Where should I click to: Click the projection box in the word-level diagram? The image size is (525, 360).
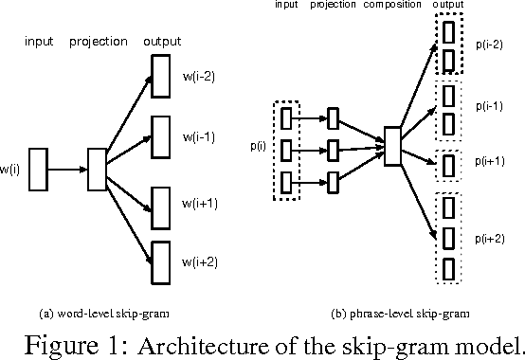click(x=96, y=169)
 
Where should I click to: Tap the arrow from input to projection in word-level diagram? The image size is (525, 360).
click(x=66, y=169)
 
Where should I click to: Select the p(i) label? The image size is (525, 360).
click(x=259, y=146)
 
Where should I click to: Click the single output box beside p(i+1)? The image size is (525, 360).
click(x=446, y=164)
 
